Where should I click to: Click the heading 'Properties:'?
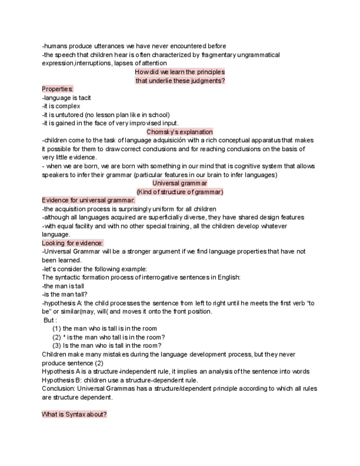tap(58, 89)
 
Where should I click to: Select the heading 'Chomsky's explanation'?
tap(180, 132)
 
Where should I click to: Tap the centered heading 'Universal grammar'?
tap(180, 183)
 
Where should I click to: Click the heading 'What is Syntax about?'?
tap(74, 414)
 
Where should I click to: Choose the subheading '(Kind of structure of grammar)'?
tap(180, 192)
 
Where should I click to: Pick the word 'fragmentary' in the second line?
tap(215, 55)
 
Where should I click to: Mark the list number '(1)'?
tap(56, 329)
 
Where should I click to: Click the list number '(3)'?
tap(56, 346)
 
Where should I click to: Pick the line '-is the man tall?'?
tap(65, 295)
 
